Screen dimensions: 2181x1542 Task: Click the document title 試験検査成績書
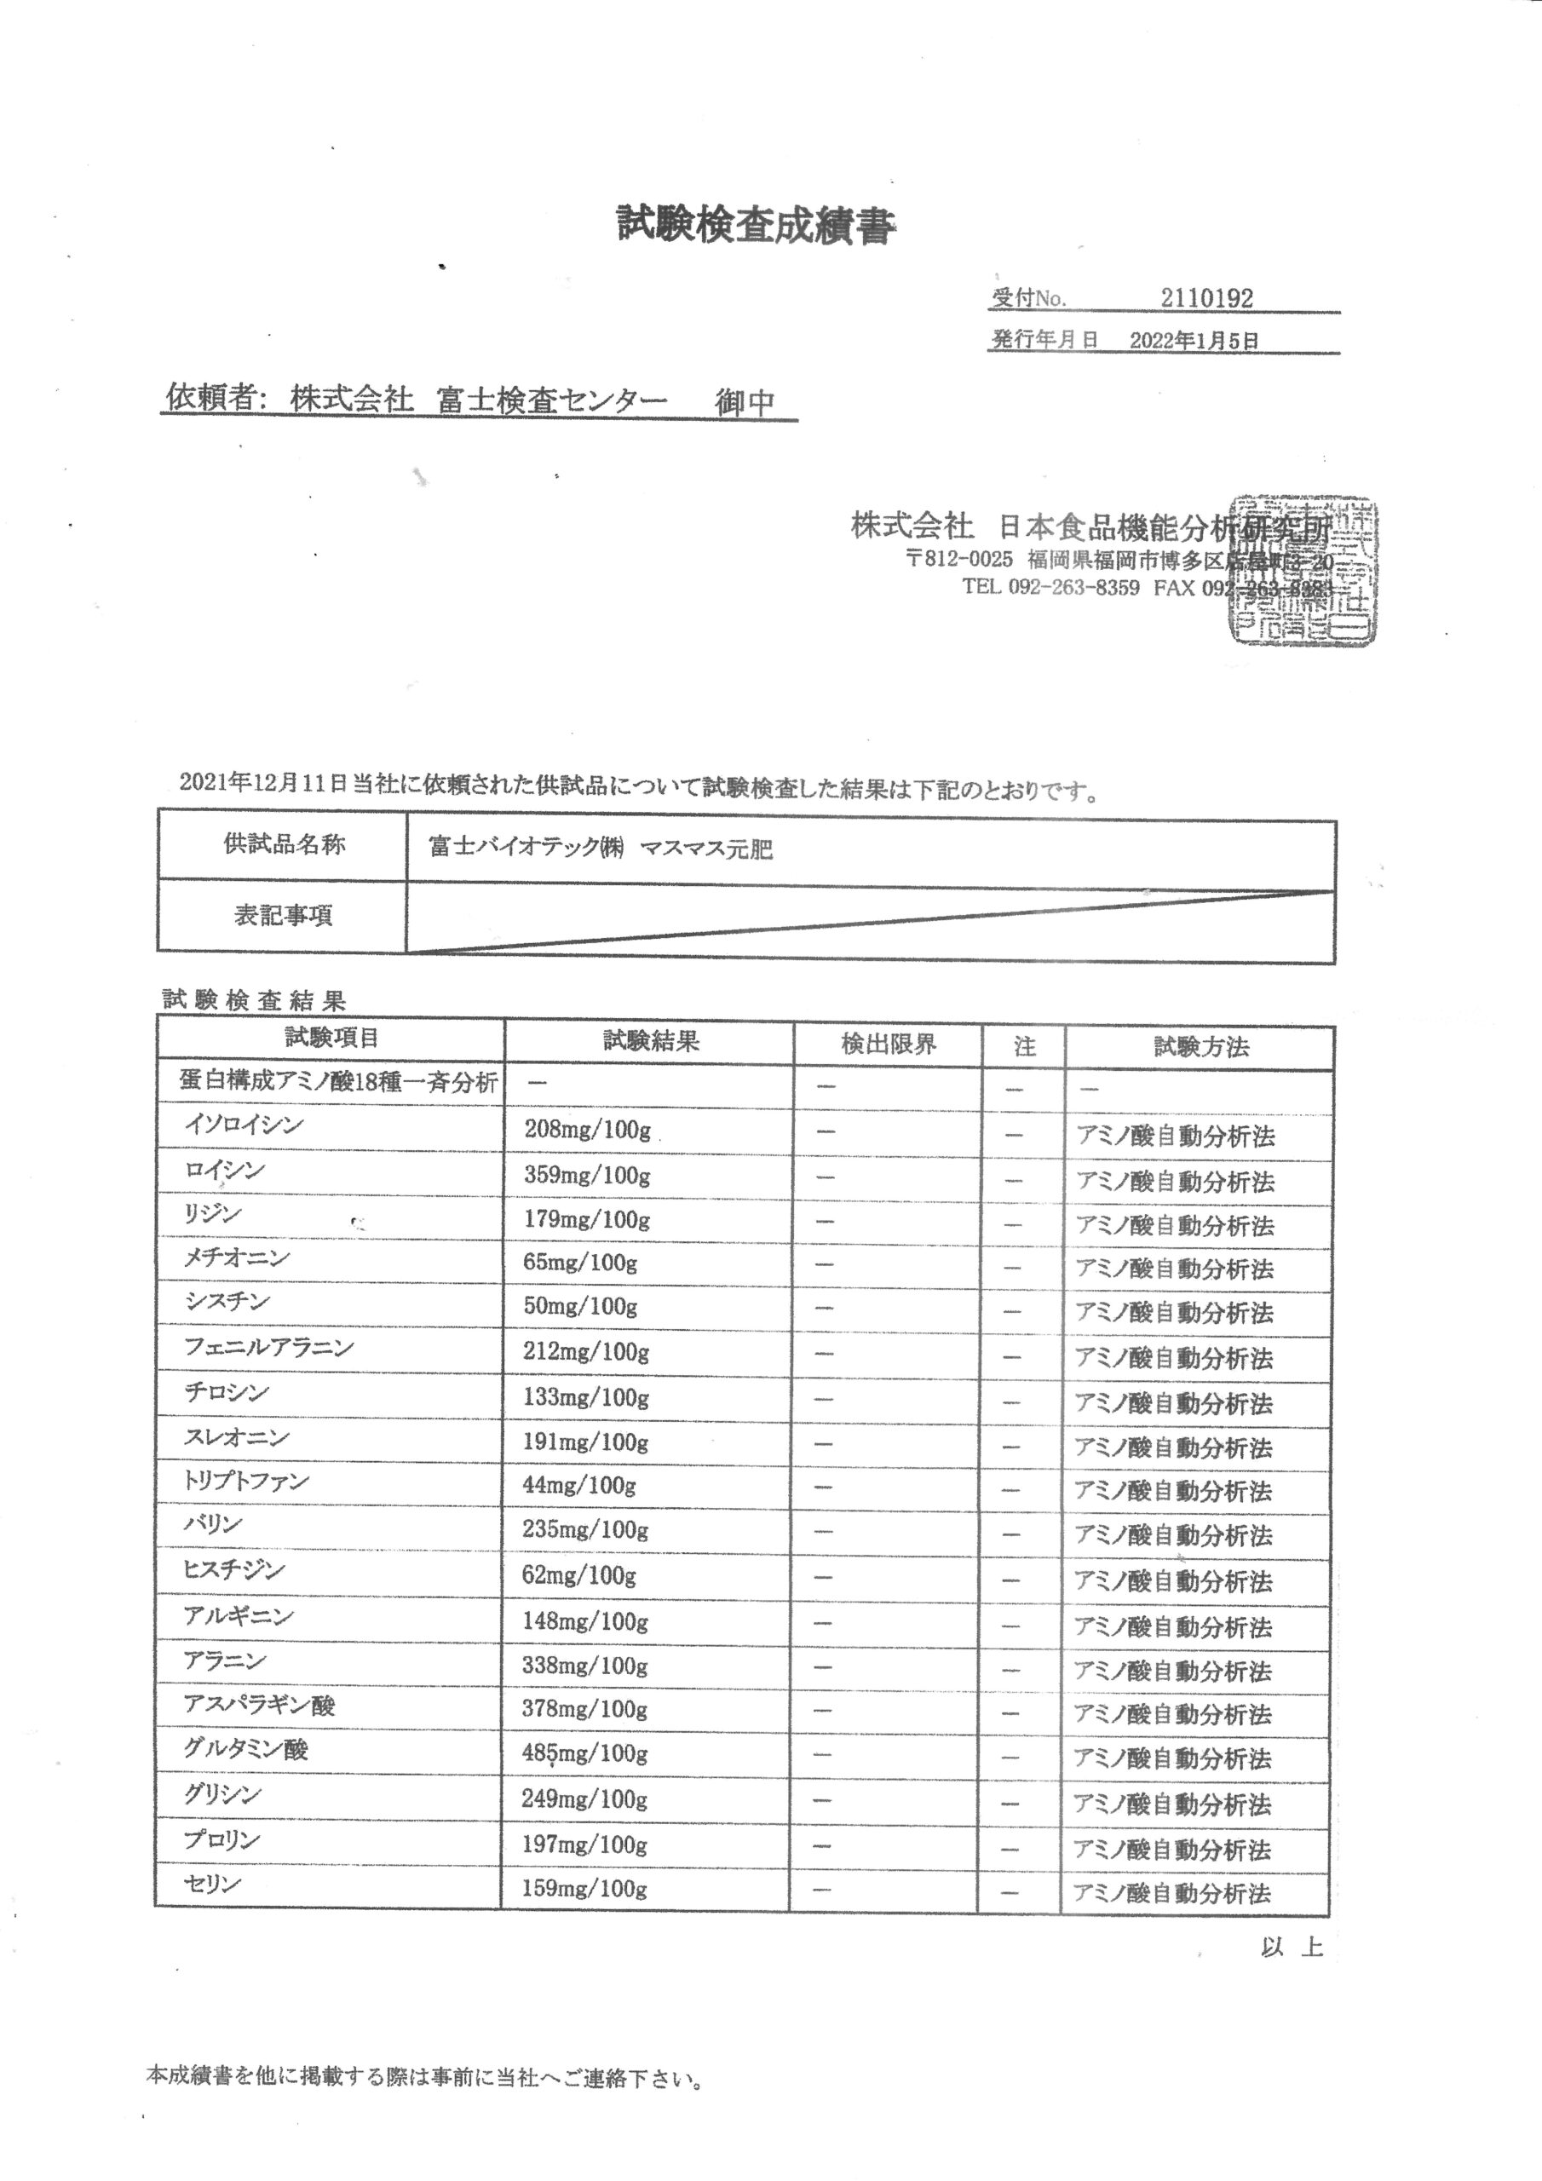pos(756,227)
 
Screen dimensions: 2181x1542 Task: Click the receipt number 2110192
pos(1206,298)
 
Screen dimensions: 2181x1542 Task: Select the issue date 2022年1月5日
pos(1194,341)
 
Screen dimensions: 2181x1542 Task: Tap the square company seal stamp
pos(1302,570)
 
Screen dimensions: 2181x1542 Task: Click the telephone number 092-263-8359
pos(1073,588)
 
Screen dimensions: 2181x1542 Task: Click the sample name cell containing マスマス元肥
pos(601,849)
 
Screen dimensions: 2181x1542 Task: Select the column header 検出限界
pos(889,1044)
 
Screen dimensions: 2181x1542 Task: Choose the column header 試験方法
pos(1201,1047)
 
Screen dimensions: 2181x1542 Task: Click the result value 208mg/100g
pos(587,1131)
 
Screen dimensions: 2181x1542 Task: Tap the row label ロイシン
pos(225,1171)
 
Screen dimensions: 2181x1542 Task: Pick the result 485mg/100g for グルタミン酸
pos(584,1753)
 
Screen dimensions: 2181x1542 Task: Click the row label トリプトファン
pos(246,1481)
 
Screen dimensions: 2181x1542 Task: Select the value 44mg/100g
pos(578,1486)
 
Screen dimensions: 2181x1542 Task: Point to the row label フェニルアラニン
pos(269,1347)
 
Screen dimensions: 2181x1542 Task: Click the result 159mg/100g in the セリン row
pos(584,1889)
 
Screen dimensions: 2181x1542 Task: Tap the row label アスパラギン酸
pos(259,1706)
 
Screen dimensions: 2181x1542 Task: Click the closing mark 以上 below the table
pos(1292,1948)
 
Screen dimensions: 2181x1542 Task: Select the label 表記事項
pos(283,916)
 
